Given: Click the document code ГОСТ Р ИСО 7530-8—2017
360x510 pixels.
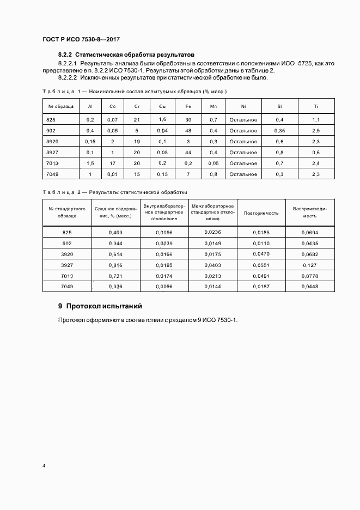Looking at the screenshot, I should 81,40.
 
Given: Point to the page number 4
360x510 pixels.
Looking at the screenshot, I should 44,466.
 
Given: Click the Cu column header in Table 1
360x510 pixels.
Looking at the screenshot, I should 162,106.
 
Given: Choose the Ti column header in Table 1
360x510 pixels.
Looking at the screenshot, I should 316,106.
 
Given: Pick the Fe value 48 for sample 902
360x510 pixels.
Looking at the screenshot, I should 188,131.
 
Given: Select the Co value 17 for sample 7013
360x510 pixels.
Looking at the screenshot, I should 112,163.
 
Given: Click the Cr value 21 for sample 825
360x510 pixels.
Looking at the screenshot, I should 137,119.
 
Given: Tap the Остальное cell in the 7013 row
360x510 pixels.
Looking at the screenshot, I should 243,163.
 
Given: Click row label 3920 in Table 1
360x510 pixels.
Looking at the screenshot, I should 53,142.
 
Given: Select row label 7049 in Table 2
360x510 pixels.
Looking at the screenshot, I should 67,286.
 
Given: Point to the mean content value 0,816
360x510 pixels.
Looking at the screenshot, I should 115,264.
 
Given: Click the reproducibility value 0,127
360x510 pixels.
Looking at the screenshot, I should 309,264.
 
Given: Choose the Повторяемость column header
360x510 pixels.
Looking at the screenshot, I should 261,213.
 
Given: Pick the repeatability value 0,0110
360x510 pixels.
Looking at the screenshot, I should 261,243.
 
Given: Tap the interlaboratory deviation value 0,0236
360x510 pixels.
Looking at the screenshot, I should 212,232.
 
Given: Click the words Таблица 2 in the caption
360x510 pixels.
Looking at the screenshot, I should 61,192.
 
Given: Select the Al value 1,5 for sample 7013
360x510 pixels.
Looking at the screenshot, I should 90,163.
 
